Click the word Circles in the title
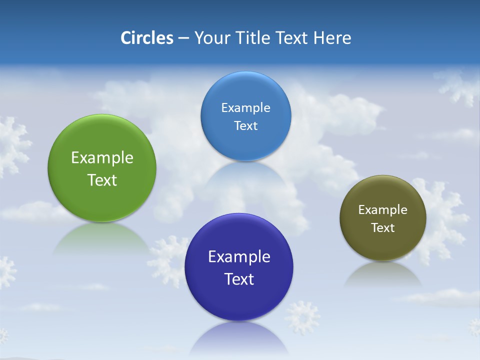click(x=147, y=38)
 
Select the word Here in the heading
click(x=332, y=38)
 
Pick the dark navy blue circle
click(x=239, y=300)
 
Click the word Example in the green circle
click(x=102, y=158)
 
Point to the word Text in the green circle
click(x=102, y=180)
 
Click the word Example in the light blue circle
click(x=245, y=108)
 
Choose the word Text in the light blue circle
click(x=245, y=125)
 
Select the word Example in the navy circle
click(x=239, y=257)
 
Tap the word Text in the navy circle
click(x=239, y=279)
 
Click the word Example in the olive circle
click(x=382, y=210)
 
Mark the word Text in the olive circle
click(x=382, y=228)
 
